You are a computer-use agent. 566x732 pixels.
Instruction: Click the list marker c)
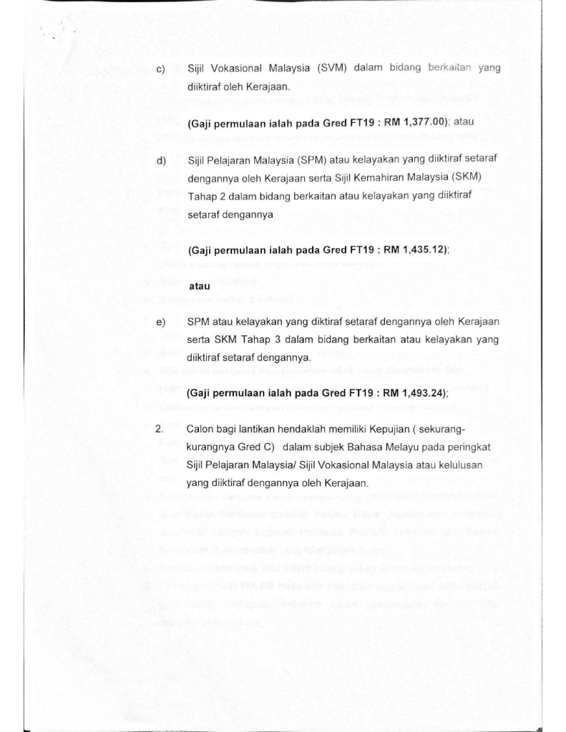coord(160,69)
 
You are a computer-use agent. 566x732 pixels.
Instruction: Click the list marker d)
coord(160,159)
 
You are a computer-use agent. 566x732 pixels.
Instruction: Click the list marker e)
coord(160,323)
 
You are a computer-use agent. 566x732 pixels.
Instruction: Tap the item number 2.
coord(160,430)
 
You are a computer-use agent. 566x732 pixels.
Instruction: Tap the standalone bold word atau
coord(200,286)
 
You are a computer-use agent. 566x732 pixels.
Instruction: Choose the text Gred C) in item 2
coord(250,447)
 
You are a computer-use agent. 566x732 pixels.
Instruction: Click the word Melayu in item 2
coord(391,447)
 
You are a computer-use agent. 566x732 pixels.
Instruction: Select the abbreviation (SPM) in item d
coord(306,159)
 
